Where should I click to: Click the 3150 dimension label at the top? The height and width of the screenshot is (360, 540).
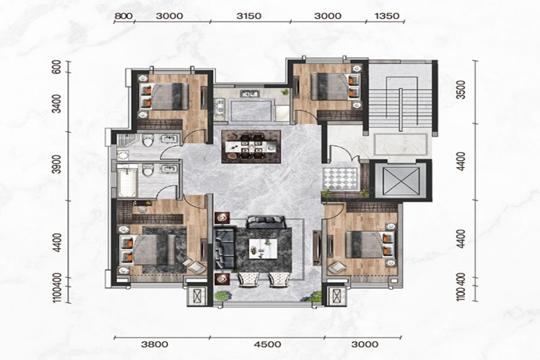click(249, 16)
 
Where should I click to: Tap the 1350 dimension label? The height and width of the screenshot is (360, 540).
click(387, 16)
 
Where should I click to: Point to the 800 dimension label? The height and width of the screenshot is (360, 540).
click(123, 16)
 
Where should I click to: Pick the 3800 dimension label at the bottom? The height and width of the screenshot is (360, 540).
click(155, 344)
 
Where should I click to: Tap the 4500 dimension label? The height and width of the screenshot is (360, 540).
click(269, 344)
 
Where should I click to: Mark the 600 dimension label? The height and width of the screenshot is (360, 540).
click(57, 67)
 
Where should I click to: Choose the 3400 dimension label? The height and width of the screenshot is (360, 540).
click(57, 103)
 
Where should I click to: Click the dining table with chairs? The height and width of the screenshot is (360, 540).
click(251, 146)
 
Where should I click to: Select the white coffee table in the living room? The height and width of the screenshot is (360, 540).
click(263, 248)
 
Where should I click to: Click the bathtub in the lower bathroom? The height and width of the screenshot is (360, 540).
click(128, 181)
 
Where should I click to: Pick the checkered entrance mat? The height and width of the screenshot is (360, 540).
click(341, 179)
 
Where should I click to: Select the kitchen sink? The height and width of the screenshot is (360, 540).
click(250, 93)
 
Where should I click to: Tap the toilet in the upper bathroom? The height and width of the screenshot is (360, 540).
click(148, 141)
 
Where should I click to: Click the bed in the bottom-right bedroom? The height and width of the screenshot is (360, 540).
click(369, 245)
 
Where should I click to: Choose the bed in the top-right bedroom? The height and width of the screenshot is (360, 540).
click(335, 87)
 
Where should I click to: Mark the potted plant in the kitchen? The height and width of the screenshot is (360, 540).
click(285, 92)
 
